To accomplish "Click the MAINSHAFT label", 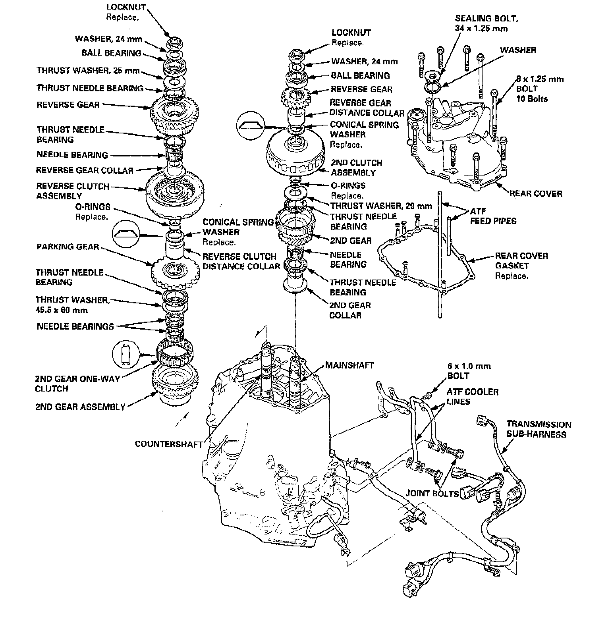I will (x=349, y=365).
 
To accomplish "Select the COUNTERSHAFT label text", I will (x=169, y=444).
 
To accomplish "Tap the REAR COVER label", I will (x=536, y=194).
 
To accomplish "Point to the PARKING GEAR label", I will (x=68, y=247).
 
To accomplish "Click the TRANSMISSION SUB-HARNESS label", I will (x=539, y=429).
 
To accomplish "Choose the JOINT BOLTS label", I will (x=432, y=493).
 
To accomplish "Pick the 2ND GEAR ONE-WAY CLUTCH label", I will (x=77, y=384).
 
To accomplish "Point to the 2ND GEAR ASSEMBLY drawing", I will (x=175, y=383).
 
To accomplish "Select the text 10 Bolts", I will (x=532, y=98).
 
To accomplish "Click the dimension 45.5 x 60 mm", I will (x=62, y=310).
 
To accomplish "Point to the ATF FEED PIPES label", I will (x=493, y=216).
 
